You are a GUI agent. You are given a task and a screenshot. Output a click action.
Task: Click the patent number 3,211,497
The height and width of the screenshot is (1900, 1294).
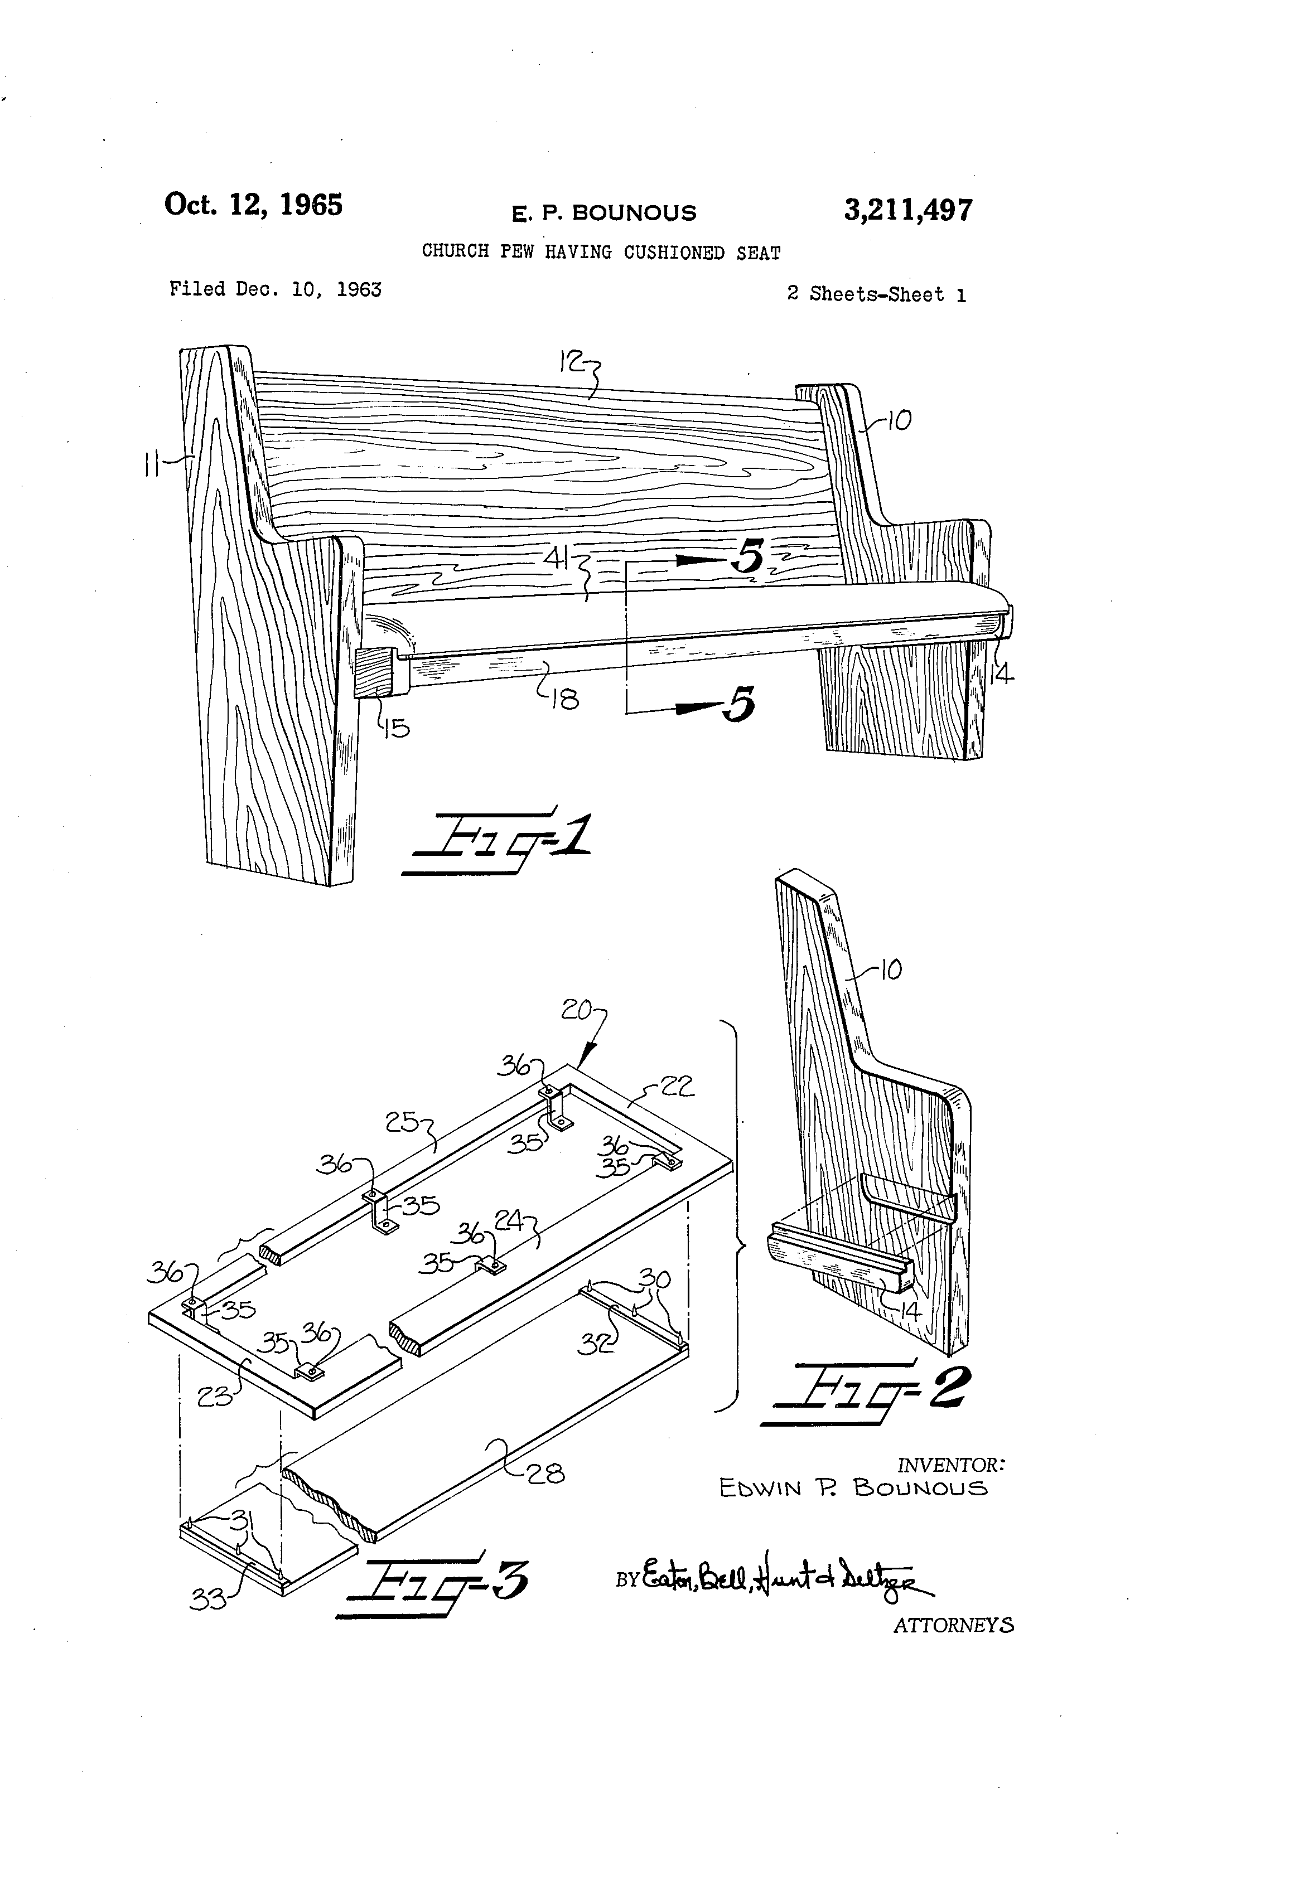908,211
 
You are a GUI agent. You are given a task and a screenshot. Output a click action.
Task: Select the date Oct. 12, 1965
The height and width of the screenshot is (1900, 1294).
254,205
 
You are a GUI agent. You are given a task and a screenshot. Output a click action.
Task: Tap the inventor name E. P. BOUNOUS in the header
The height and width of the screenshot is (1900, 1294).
603,214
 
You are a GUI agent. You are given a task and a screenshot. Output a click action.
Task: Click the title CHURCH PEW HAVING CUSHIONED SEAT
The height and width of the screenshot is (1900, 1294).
601,252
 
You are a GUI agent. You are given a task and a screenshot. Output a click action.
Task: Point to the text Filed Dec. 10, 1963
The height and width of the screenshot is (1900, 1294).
275,289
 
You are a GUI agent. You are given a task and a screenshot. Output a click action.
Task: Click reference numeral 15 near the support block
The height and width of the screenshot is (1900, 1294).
397,728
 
